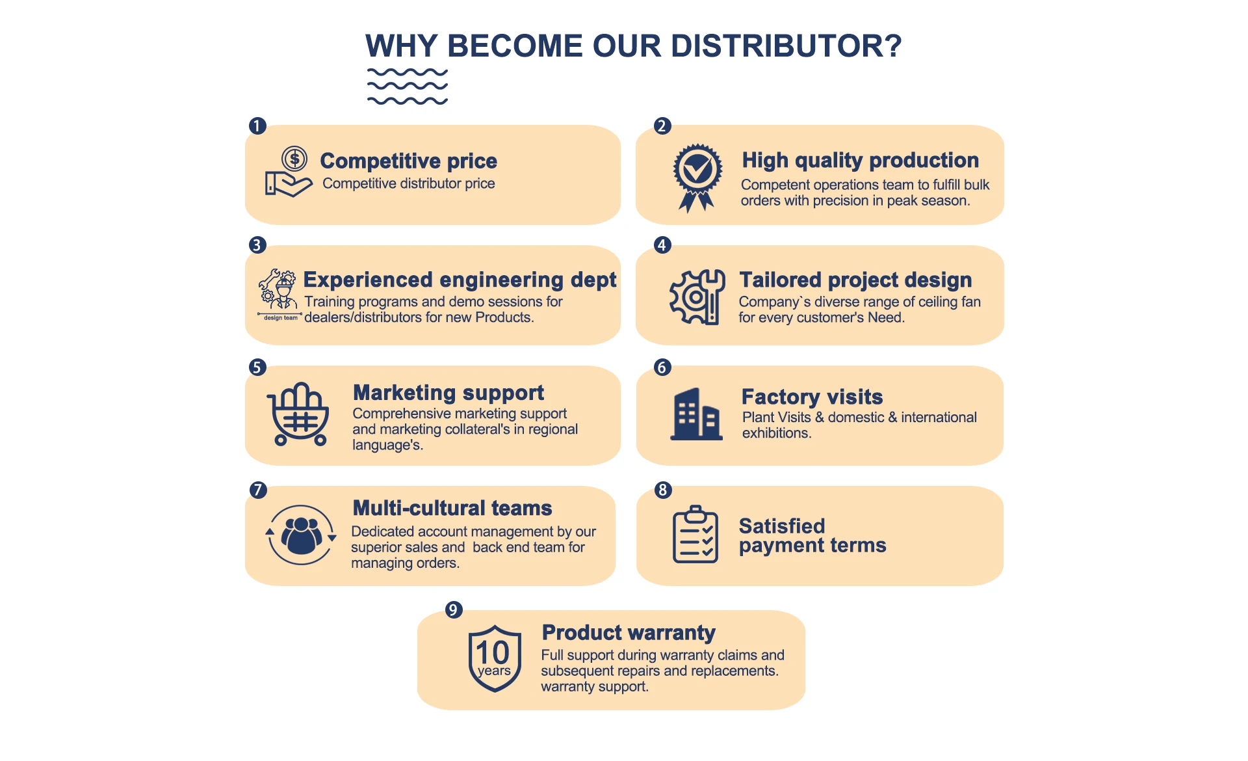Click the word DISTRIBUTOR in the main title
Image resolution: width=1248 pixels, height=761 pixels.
[x=786, y=46]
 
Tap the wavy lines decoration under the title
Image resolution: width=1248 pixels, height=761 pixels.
[x=408, y=87]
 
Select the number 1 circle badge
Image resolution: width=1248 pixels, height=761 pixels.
[x=257, y=126]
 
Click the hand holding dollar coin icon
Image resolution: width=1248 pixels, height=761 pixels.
[x=289, y=172]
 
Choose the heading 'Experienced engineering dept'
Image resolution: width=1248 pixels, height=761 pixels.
[x=460, y=280]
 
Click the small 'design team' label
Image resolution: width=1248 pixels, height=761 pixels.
[x=280, y=317]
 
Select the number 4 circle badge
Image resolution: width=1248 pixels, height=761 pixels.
[x=662, y=245]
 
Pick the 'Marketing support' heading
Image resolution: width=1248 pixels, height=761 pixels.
[x=448, y=393]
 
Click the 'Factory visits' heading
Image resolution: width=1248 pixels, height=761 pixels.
[x=812, y=397]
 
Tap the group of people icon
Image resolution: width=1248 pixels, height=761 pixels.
[x=301, y=535]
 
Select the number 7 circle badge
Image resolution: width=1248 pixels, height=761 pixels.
[x=258, y=490]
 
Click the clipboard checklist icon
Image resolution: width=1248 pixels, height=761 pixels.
[x=695, y=534]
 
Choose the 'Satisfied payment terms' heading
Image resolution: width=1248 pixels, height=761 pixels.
[x=812, y=535]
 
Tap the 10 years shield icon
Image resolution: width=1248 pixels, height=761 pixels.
[x=495, y=658]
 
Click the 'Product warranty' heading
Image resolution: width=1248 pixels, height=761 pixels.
[x=629, y=632]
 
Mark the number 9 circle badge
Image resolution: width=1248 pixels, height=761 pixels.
[x=454, y=610]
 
